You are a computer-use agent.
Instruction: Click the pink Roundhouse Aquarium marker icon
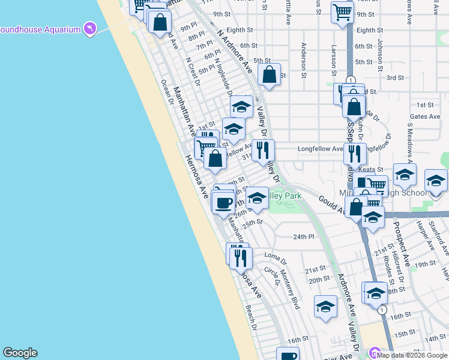coord(90,29)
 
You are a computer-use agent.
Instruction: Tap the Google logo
coord(20,353)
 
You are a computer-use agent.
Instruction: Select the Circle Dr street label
coord(273,277)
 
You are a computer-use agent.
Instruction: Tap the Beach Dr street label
coord(252,318)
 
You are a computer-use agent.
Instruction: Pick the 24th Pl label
coord(304,236)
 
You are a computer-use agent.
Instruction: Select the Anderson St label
coord(304,60)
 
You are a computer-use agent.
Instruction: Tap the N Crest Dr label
coord(193,71)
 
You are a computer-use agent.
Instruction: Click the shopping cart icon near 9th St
coord(342,11)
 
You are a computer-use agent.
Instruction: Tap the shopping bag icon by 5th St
coord(270,74)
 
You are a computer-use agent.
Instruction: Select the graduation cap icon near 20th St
coord(325,306)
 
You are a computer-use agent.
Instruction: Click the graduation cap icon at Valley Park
coord(257,197)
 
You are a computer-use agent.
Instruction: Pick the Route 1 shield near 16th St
coord(382,310)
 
